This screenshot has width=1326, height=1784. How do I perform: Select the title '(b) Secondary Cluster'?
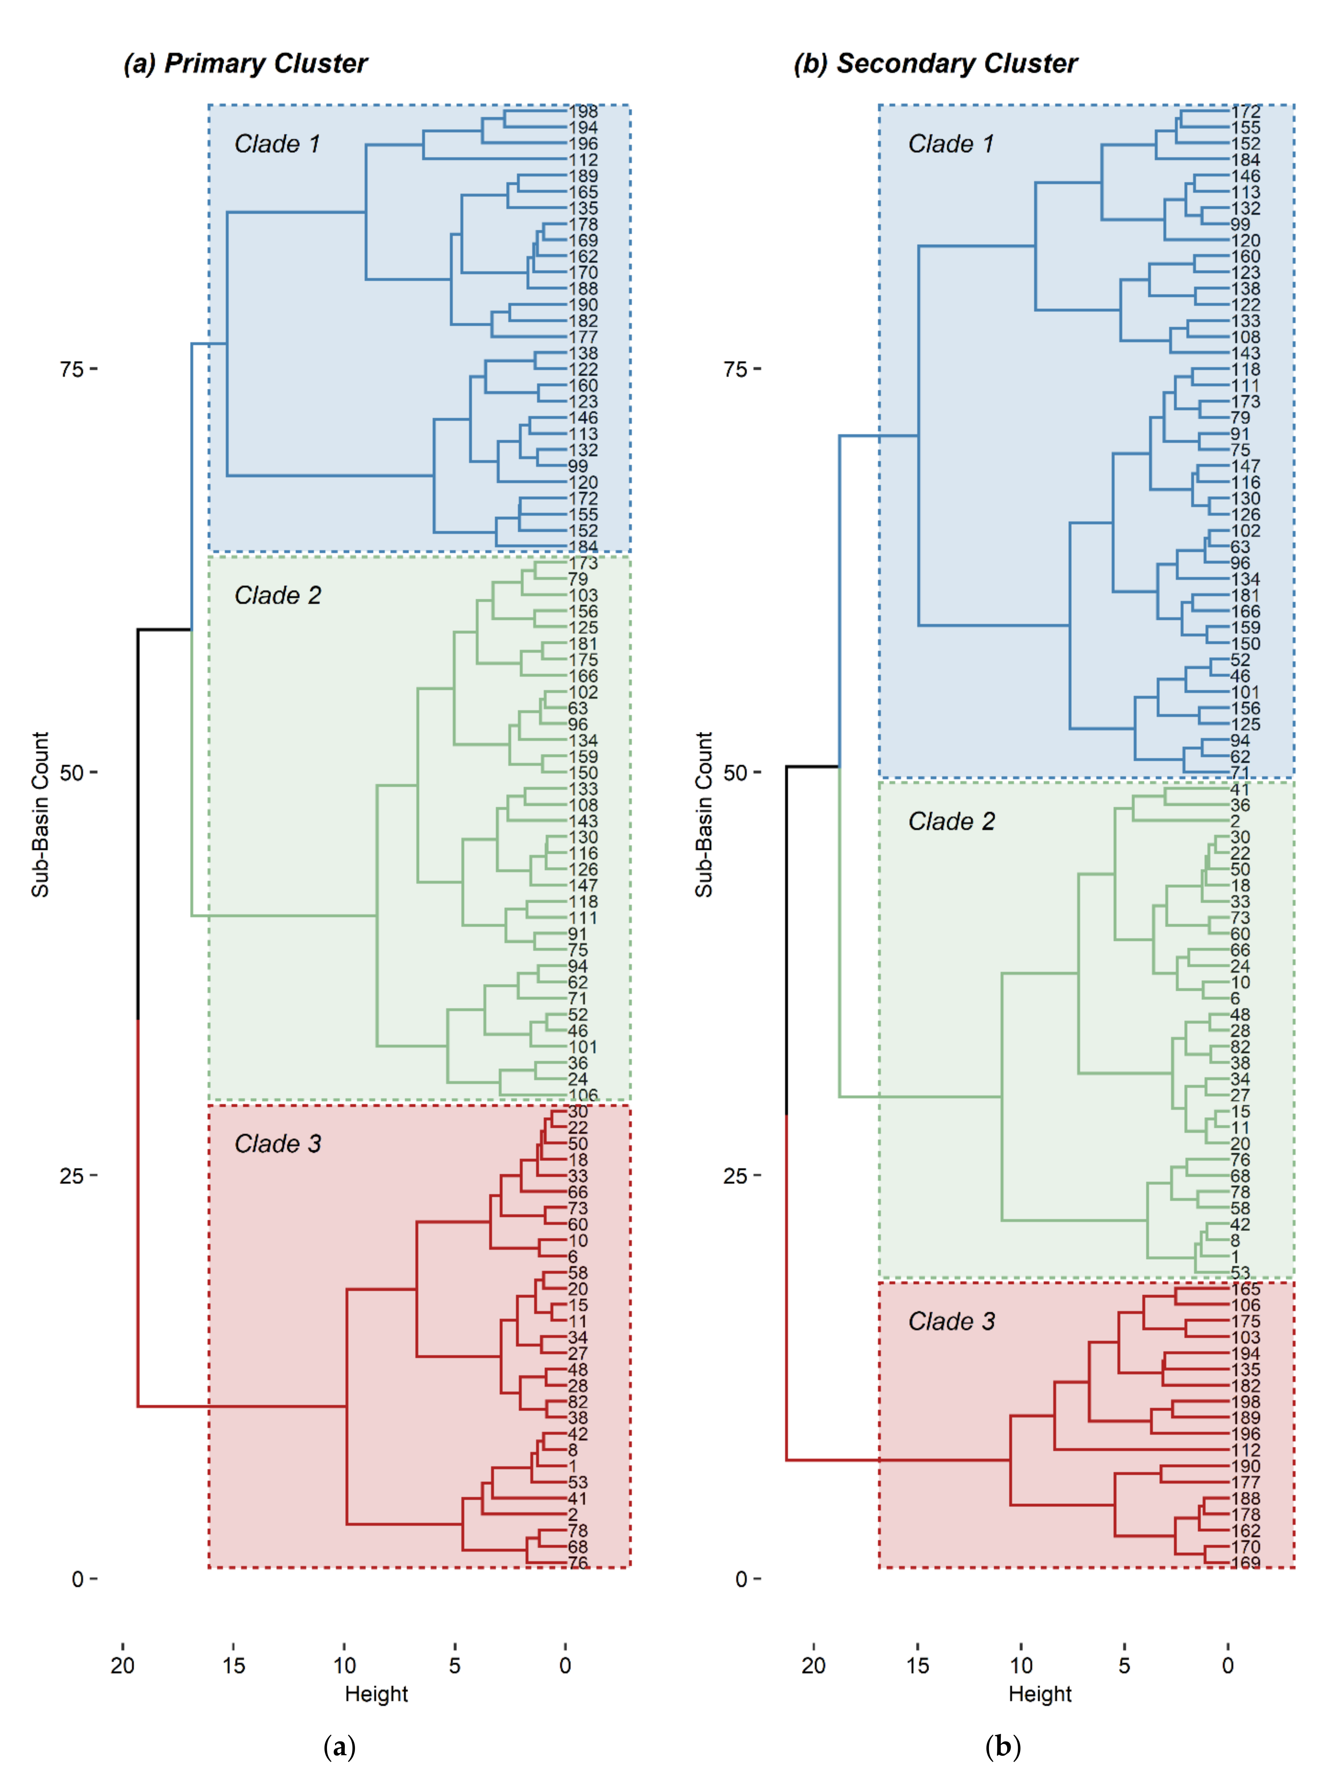coord(935,64)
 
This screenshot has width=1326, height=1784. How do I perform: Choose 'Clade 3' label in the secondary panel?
coord(951,1322)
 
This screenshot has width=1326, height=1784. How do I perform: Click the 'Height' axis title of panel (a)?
coord(376,1694)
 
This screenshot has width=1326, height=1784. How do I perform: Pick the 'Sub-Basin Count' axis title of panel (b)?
coord(704,814)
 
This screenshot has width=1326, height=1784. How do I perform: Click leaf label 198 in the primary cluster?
coord(584,112)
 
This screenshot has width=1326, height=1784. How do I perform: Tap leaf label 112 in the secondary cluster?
coord(1246,1450)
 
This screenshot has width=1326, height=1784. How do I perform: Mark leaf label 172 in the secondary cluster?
coord(1246,112)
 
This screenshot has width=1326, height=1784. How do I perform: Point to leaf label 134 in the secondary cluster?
coord(1246,579)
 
